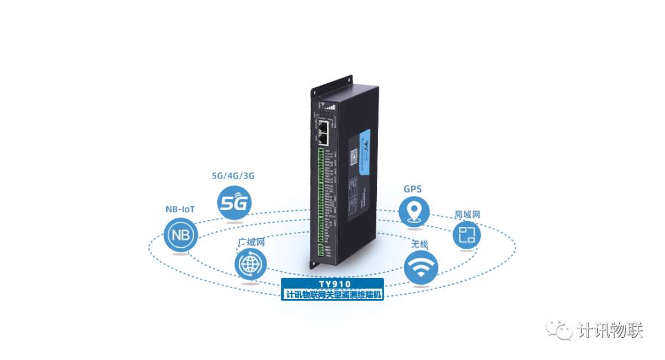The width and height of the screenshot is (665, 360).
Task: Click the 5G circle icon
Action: click(x=234, y=202)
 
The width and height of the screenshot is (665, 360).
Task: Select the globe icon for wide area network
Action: click(x=251, y=265)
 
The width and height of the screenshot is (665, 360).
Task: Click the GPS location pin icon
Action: click(x=414, y=211)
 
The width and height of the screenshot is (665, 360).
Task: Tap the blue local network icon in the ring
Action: click(x=467, y=235)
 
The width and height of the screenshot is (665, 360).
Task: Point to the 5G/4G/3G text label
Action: click(x=233, y=175)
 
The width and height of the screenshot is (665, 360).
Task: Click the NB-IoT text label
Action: click(x=180, y=209)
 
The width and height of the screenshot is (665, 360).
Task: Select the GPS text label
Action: click(x=413, y=189)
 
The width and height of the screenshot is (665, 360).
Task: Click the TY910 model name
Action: click(x=332, y=284)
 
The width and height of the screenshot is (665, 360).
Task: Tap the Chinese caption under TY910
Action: click(x=332, y=295)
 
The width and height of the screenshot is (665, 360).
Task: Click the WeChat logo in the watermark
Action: click(x=559, y=328)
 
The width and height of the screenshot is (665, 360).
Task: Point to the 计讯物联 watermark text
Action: click(x=610, y=330)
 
